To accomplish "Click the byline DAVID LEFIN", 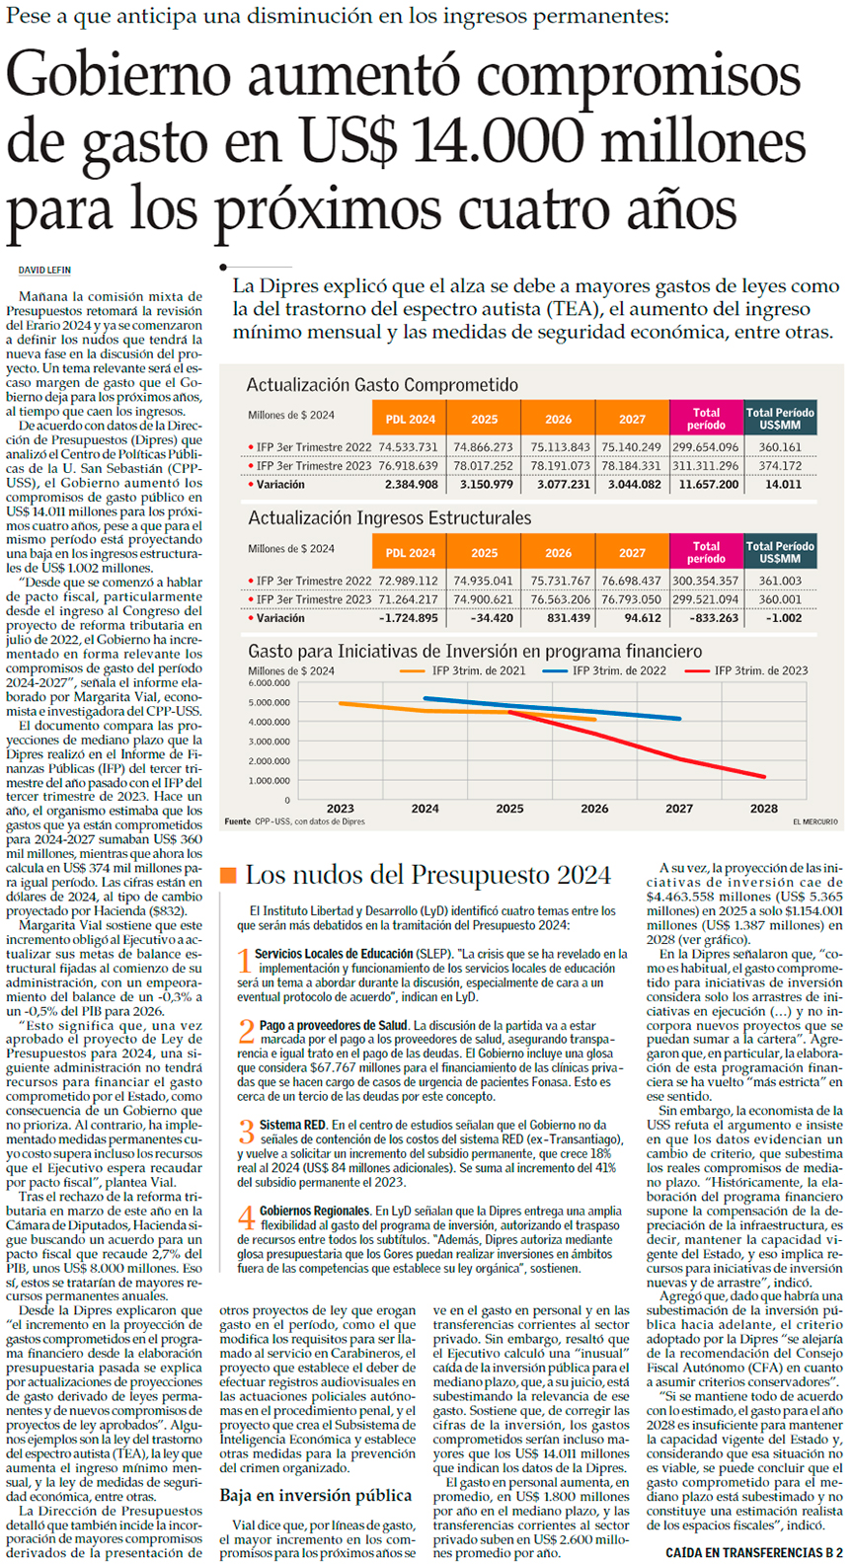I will [x=44, y=271].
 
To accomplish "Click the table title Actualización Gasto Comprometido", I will [x=381, y=385].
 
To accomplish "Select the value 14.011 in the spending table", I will [x=783, y=485].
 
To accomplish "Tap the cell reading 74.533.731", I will [x=408, y=447].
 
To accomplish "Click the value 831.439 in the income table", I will [x=560, y=618].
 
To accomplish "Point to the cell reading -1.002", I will [x=783, y=618].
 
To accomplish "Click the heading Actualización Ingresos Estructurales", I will [x=389, y=518].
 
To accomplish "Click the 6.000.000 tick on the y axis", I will [x=270, y=683].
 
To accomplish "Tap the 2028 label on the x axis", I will [x=763, y=808].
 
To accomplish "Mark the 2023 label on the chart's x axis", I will [x=340, y=808].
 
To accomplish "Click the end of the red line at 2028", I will [x=764, y=777].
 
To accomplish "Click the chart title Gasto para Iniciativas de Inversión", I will [x=475, y=652].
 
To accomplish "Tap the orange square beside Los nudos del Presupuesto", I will [x=228, y=875].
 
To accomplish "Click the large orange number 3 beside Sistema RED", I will [x=245, y=1134].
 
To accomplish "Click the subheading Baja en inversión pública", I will [x=315, y=1495].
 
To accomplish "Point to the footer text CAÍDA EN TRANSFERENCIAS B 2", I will [x=754, y=1553].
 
